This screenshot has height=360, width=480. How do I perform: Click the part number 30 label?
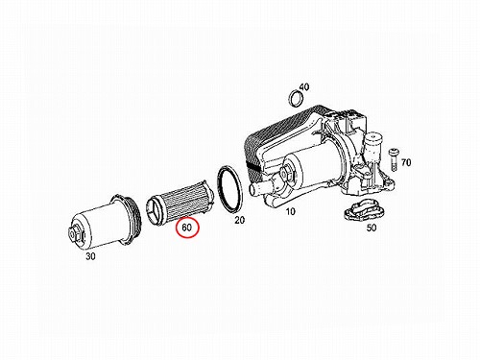[90, 256]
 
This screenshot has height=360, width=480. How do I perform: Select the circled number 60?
[187, 228]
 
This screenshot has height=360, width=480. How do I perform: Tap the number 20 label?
[239, 220]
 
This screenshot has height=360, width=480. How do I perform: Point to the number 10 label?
[290, 211]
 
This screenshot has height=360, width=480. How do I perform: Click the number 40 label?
[304, 86]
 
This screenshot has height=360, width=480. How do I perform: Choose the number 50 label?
[372, 228]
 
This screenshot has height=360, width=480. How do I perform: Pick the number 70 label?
[406, 162]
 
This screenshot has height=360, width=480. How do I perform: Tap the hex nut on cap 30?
[75, 233]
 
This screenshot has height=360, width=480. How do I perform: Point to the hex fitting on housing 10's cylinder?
[286, 173]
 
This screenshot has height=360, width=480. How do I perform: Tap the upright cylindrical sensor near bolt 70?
[373, 147]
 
